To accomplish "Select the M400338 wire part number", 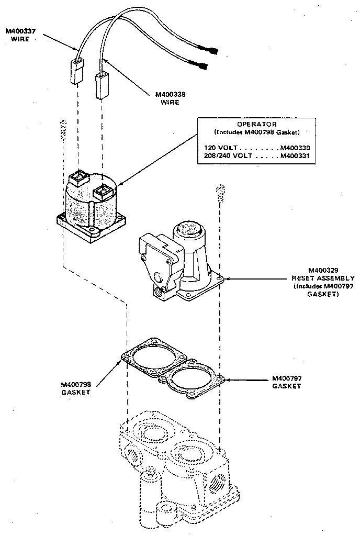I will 170,95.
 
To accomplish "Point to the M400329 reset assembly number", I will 323,270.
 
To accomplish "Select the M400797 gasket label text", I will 287,378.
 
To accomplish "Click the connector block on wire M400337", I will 76,70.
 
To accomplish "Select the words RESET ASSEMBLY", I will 323,278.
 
